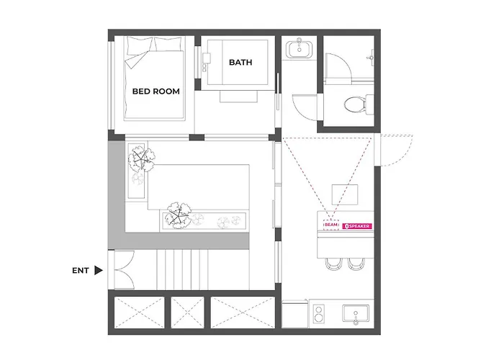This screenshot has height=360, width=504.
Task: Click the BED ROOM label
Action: pyautogui.click(x=156, y=91)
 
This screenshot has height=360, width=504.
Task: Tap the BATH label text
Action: pyautogui.click(x=240, y=63)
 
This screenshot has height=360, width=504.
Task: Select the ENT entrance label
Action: pyautogui.click(x=81, y=271)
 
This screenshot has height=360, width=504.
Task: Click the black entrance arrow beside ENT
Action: pyautogui.click(x=99, y=270)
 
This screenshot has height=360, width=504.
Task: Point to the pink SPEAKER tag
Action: pyautogui.click(x=357, y=226)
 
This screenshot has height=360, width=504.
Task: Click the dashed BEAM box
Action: pyautogui.click(x=331, y=225)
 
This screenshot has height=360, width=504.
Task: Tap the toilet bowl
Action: pyautogui.click(x=354, y=105)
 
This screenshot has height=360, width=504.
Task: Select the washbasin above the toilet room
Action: pyautogui.click(x=300, y=48)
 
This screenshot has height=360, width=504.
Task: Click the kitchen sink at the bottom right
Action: pyautogui.click(x=356, y=313)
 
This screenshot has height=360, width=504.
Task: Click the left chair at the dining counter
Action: pyautogui.click(x=333, y=264)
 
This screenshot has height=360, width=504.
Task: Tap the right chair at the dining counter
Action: pyautogui.click(x=356, y=264)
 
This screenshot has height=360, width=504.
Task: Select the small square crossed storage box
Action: pyautogui.click(x=187, y=312)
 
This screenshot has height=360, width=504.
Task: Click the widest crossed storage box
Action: pyautogui.click(x=243, y=312)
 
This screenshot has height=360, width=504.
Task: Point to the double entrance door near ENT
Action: pyautogui.click(x=125, y=270)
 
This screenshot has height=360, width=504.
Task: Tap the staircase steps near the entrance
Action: pyautogui.click(x=183, y=270)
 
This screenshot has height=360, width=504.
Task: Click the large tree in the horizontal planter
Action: pyautogui.click(x=178, y=215)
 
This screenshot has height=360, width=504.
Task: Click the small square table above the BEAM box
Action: pyautogui.click(x=345, y=195)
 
